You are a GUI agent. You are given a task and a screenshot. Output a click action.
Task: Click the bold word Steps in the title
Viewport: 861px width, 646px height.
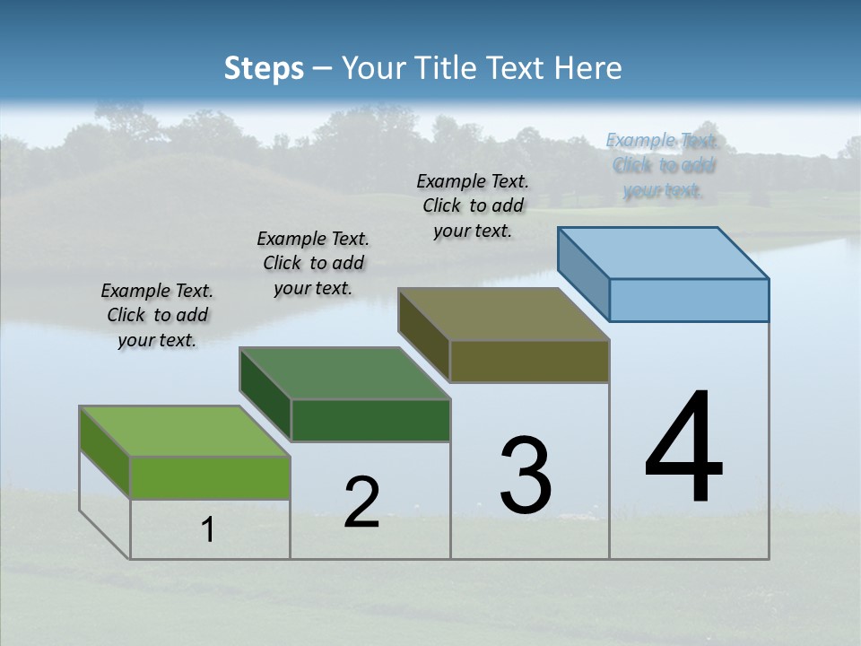point(264,68)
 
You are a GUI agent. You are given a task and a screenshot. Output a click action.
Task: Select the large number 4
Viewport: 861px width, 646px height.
point(683,449)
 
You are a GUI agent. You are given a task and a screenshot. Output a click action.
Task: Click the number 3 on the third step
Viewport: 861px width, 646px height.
point(526,476)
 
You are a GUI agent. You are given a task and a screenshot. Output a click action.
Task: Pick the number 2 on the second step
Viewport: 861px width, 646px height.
point(361,502)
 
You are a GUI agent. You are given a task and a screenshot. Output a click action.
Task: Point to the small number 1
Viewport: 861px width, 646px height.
point(208,530)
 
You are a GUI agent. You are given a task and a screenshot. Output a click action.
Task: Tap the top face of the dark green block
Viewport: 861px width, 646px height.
point(345,372)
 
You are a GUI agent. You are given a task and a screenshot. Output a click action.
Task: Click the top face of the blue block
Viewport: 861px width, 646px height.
point(664,252)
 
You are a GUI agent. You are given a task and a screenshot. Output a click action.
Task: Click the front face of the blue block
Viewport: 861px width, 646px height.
point(689,300)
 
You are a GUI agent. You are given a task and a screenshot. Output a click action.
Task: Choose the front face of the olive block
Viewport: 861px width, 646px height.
point(529,362)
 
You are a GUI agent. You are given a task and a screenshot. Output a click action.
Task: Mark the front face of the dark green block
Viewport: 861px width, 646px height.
point(370,420)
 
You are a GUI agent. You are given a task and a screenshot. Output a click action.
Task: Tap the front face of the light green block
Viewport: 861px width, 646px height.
point(210,477)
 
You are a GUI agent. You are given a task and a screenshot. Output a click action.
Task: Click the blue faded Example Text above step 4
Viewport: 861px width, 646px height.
point(662,165)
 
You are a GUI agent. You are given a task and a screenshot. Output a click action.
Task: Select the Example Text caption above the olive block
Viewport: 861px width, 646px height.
point(473,205)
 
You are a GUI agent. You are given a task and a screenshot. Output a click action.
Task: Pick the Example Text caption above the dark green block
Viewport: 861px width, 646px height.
point(313,263)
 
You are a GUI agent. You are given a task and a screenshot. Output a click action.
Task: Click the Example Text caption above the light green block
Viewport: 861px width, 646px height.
point(157,315)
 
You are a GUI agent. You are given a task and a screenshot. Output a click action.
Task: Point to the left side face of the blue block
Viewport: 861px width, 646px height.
point(583,274)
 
